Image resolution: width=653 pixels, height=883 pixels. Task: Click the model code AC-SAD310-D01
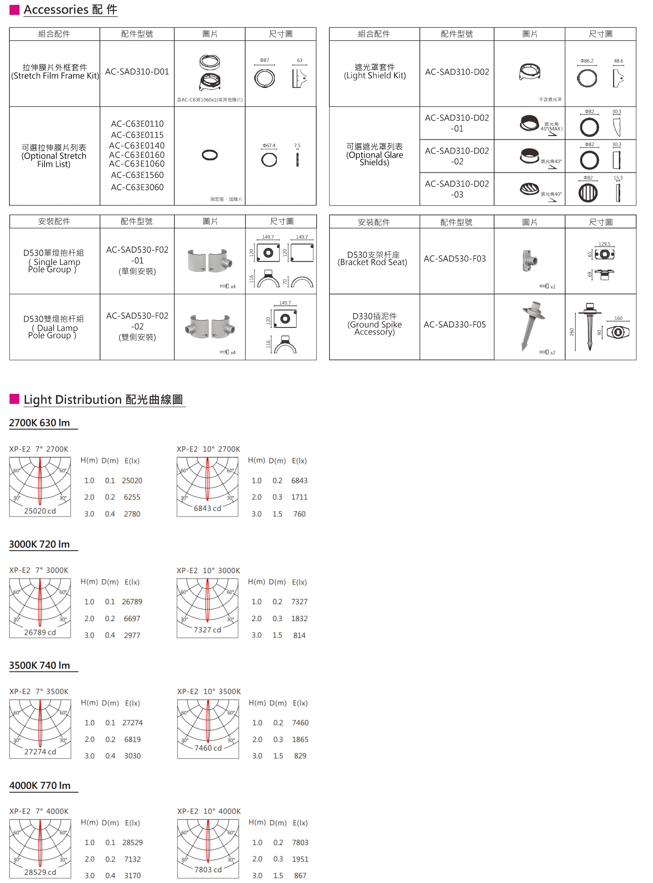(x=137, y=72)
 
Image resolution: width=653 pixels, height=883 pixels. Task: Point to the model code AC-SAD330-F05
(x=454, y=324)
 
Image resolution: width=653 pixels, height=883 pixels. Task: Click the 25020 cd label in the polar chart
(x=40, y=511)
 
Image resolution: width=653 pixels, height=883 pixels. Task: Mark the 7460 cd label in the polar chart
(x=208, y=748)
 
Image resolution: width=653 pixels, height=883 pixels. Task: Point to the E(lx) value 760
(x=299, y=514)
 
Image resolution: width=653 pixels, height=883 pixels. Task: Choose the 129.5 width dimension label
(x=604, y=244)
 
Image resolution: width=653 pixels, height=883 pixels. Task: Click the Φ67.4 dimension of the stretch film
(x=269, y=146)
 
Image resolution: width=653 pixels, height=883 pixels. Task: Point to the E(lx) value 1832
(x=299, y=619)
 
